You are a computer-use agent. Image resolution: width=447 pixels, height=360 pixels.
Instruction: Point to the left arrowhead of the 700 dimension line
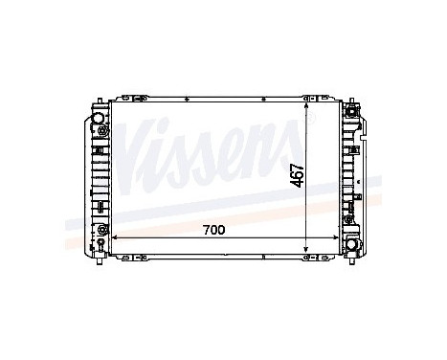pos(116,236)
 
